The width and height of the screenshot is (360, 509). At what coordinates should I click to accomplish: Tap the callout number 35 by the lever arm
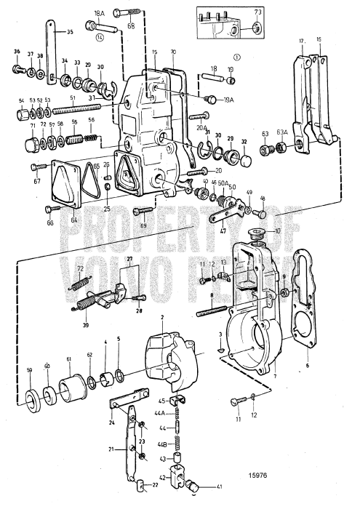(70, 32)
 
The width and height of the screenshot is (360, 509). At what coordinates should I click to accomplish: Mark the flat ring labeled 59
(32, 401)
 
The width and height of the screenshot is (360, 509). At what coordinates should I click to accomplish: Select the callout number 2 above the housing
(143, 318)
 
